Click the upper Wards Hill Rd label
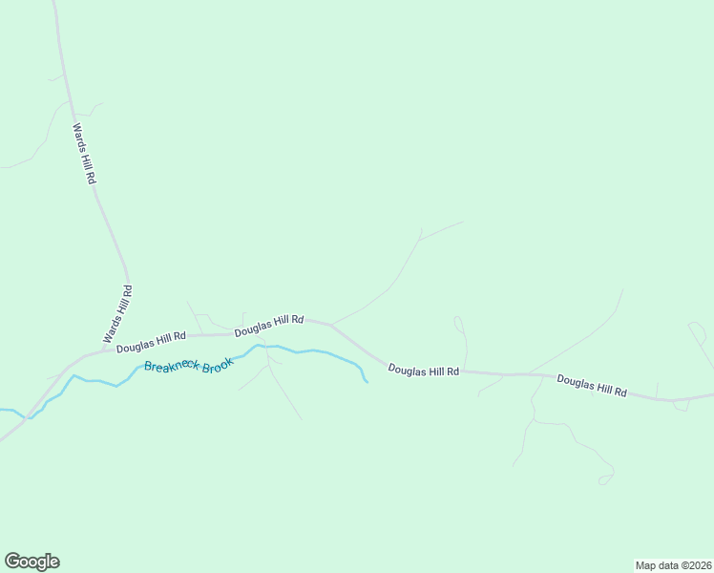tap(85, 153)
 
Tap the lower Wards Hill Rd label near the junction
tap(117, 315)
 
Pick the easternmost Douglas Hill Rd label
tap(592, 386)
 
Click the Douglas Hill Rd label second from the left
tap(269, 326)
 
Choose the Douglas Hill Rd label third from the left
tap(424, 370)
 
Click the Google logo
tap(31, 562)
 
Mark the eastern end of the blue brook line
tap(367, 383)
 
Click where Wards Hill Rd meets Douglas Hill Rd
tap(99, 351)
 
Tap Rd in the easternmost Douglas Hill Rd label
tap(619, 392)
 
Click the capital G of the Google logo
tap(12, 561)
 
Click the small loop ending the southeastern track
tap(605, 478)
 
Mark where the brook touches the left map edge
tap(2, 411)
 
